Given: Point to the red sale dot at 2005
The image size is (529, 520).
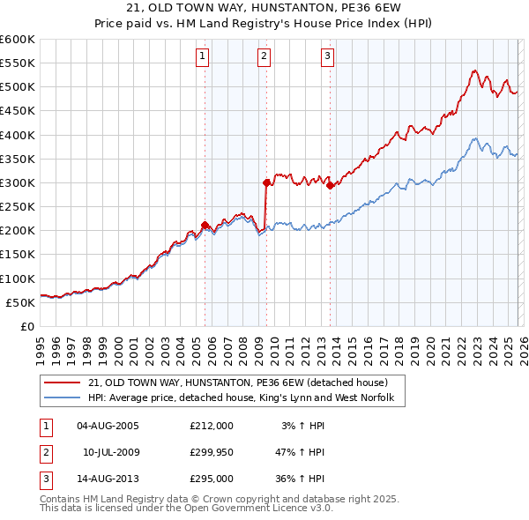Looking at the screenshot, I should (x=205, y=225).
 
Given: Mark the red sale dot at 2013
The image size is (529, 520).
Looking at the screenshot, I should (x=330, y=185).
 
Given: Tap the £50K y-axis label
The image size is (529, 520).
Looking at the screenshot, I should (x=21, y=302).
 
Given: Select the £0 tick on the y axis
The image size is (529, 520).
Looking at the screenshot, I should (x=26, y=326).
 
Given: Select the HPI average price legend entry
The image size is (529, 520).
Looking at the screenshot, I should (x=246, y=398).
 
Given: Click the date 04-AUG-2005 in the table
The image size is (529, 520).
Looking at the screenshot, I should (x=108, y=426).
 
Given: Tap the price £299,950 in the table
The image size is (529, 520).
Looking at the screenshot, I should (x=212, y=452).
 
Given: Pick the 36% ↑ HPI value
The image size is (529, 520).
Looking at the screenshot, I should (x=302, y=479).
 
